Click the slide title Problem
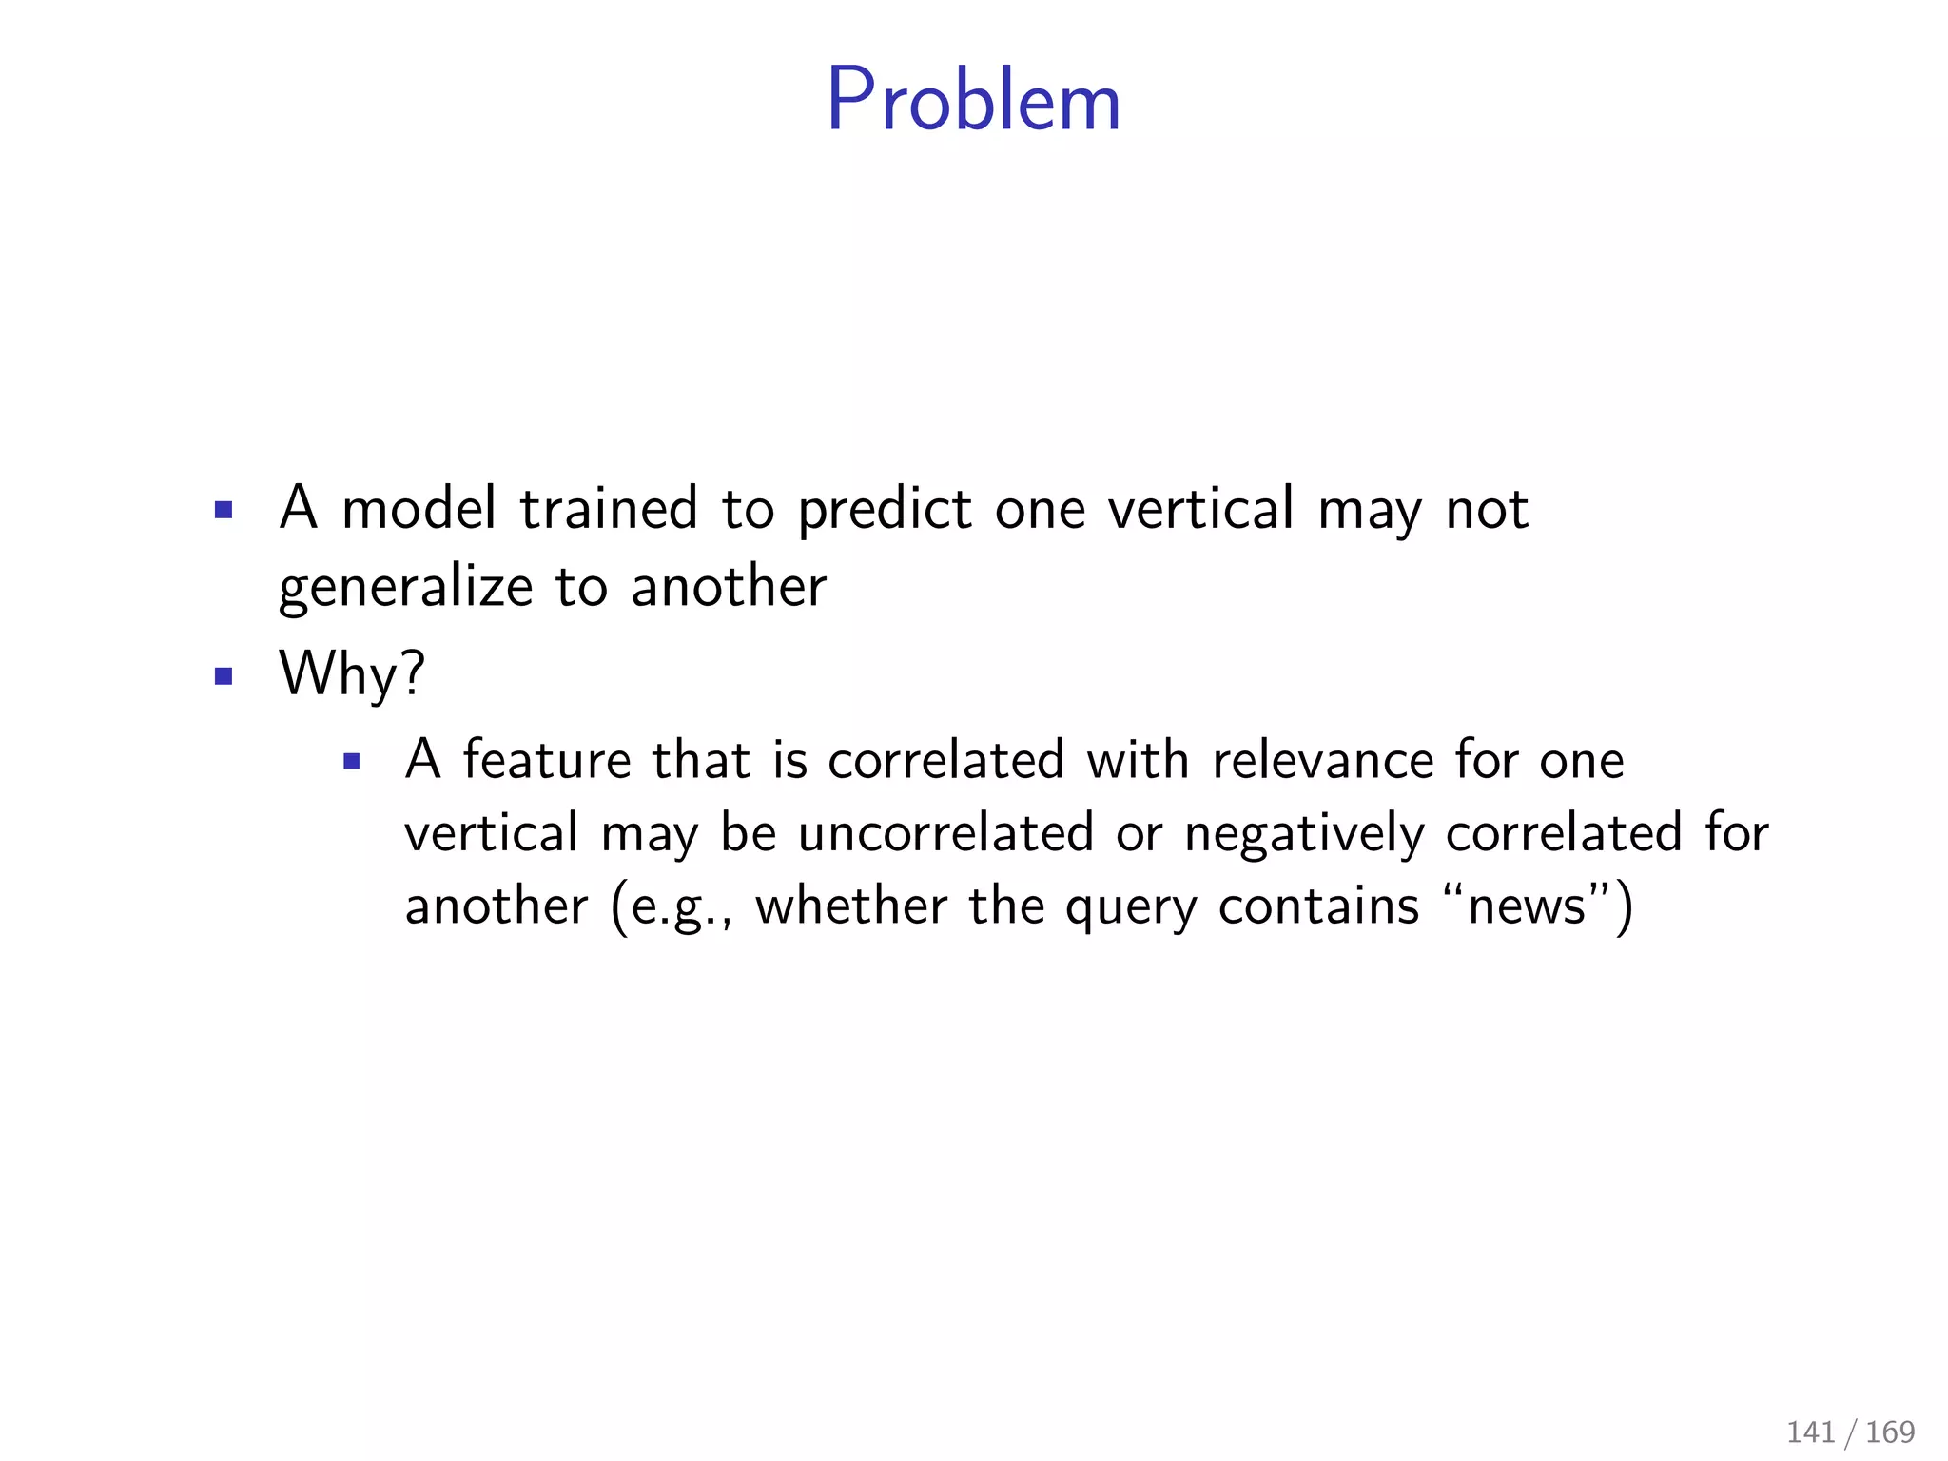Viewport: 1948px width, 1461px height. (973, 100)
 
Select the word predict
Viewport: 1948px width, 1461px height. (885, 511)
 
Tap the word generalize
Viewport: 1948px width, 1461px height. (405, 589)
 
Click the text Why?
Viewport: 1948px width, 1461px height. (352, 675)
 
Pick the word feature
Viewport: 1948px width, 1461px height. (547, 760)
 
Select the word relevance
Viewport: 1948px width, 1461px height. (1322, 760)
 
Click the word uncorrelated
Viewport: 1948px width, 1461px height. (945, 833)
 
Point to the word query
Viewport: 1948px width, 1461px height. (1131, 907)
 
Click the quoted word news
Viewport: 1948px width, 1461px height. (1528, 906)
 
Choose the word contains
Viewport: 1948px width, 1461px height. (1318, 906)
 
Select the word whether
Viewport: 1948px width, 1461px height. (851, 906)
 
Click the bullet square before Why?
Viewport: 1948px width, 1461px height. (224, 676)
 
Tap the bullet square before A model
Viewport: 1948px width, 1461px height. (224, 511)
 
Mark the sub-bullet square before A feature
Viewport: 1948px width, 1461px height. (352, 761)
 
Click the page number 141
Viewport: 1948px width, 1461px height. (1811, 1432)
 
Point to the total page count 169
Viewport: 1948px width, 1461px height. (1890, 1432)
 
